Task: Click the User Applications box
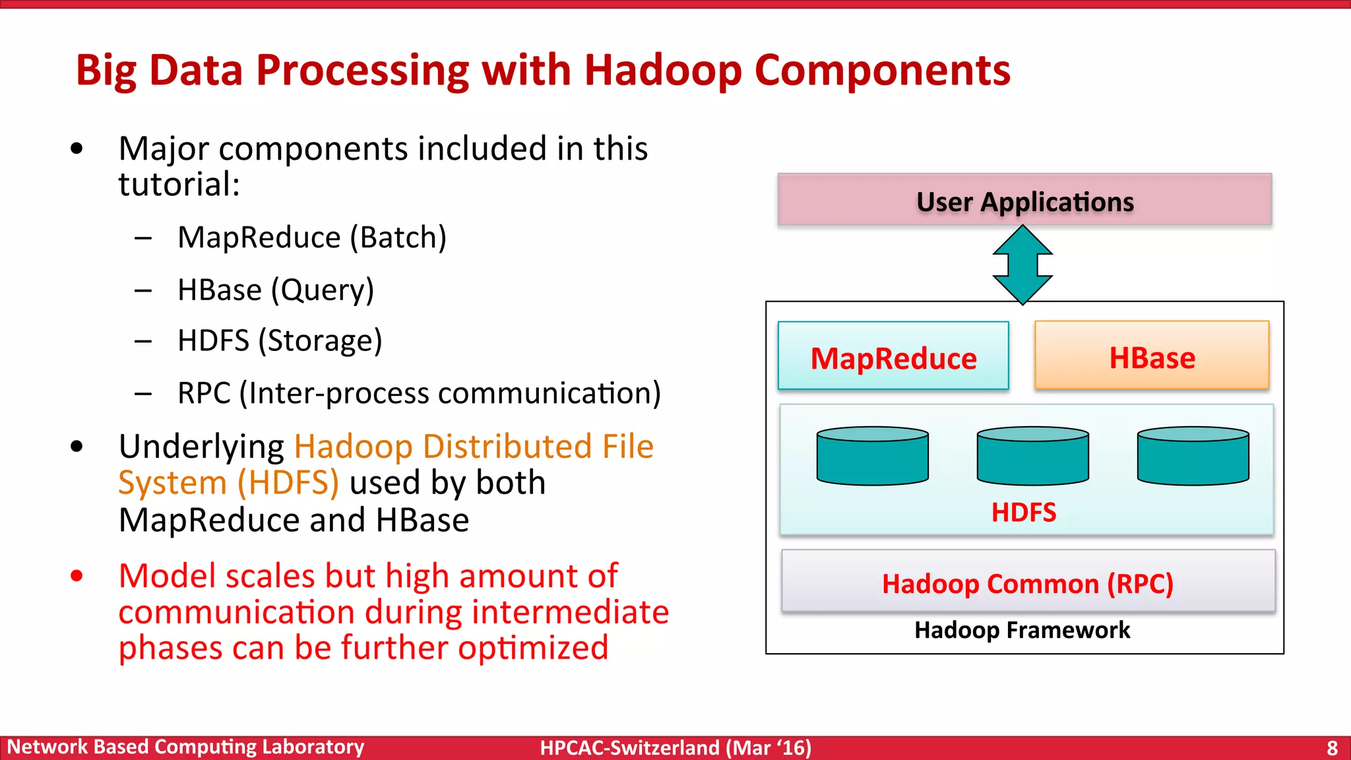click(1024, 200)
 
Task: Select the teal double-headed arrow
click(1022, 265)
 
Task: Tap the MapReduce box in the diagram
click(893, 356)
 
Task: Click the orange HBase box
click(1152, 356)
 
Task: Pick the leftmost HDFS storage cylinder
click(872, 457)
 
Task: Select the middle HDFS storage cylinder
click(1032, 457)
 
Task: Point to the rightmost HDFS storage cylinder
click(1193, 457)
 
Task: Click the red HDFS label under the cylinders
click(1023, 513)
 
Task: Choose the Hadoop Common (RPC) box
click(1028, 582)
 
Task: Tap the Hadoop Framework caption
click(1022, 630)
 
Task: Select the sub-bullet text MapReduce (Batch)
click(312, 237)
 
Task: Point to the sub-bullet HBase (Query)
click(276, 290)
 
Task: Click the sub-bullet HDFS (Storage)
click(280, 341)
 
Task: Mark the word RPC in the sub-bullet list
click(204, 393)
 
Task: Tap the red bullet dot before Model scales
click(77, 576)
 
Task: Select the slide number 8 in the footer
click(1332, 747)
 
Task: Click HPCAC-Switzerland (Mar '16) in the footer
click(675, 747)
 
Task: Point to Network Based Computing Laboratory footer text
click(185, 747)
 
